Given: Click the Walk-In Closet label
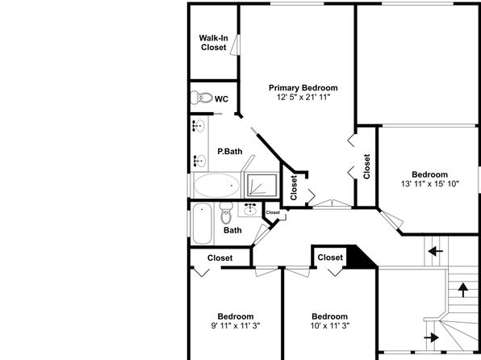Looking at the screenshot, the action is [214, 43].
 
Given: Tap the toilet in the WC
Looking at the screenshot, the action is [202, 98].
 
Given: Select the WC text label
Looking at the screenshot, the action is [221, 99].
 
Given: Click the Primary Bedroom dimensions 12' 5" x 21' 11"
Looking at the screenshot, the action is [303, 98].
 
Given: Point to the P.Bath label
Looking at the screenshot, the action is [230, 151].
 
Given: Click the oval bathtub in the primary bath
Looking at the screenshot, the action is [216, 186].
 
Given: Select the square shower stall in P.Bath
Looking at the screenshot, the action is [262, 185].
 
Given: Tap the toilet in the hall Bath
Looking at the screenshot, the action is [227, 212].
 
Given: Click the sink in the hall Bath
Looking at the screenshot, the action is [251, 209].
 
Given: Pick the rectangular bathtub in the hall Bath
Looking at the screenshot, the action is [202, 224].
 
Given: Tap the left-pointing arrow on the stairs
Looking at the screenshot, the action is [436, 252].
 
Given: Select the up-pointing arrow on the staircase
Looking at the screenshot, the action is [463, 290].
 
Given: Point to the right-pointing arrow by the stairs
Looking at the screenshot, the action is [431, 337].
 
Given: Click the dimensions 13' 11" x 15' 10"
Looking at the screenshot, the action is [430, 184].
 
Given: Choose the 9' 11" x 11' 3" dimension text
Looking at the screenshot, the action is [236, 325].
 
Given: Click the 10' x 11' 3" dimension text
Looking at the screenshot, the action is [330, 325].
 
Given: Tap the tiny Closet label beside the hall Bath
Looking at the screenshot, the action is [273, 212].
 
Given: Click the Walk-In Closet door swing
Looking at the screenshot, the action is [235, 45].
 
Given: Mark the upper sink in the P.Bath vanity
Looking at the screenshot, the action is [199, 126].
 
